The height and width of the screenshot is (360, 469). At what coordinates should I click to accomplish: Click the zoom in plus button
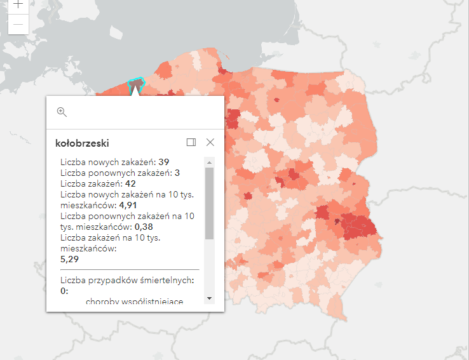tap(18, 4)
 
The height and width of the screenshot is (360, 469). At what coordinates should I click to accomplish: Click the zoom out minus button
tap(18, 24)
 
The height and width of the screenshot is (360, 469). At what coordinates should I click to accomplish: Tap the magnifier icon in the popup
tap(62, 112)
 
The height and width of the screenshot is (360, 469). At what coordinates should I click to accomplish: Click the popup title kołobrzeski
tap(82, 143)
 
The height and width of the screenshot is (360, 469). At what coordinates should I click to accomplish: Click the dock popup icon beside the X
tap(191, 142)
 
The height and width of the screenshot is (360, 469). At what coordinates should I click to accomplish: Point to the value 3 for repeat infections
tap(177, 173)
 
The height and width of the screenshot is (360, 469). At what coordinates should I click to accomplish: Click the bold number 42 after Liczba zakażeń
tap(131, 184)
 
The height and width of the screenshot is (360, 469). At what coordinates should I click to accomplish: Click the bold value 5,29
tap(70, 259)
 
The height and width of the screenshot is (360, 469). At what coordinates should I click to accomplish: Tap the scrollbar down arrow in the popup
tap(209, 298)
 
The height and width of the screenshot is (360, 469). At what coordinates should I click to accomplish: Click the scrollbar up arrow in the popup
tap(209, 162)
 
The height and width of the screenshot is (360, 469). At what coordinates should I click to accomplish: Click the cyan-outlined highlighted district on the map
tap(136, 85)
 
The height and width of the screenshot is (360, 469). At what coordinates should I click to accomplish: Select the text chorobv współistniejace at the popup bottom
tap(134, 302)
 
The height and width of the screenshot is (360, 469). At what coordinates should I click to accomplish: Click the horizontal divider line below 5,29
tap(130, 269)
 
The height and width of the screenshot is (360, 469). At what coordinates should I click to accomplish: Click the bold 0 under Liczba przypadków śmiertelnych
tap(63, 291)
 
